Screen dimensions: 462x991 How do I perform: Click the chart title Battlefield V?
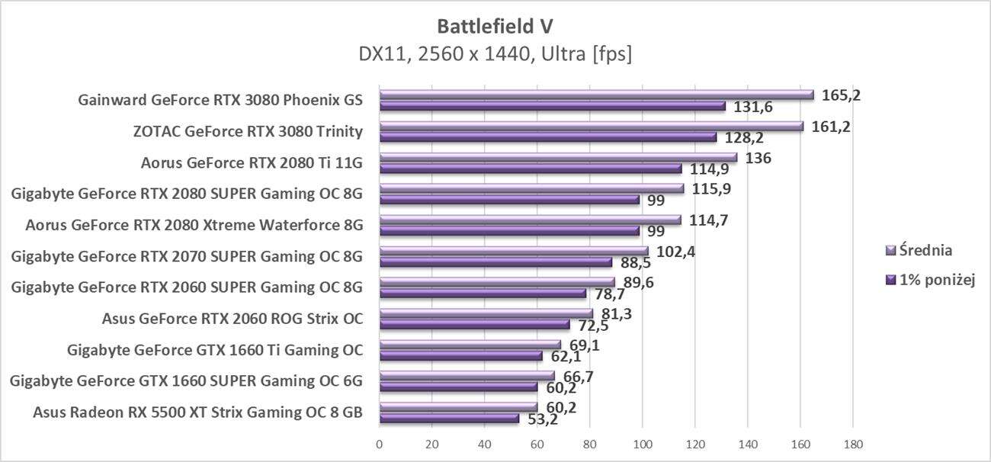point(495,26)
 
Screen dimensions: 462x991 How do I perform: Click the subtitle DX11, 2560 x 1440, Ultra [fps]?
point(495,54)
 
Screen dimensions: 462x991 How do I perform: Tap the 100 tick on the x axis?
point(643,444)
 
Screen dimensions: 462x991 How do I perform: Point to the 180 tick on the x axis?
point(852,444)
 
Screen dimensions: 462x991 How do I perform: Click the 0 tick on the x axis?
point(380,444)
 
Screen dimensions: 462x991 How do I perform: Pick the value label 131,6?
point(753,107)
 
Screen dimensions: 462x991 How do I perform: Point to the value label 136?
point(758,159)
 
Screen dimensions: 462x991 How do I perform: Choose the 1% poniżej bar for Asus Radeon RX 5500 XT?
point(449,419)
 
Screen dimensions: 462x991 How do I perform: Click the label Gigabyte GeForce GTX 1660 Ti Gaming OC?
point(215,350)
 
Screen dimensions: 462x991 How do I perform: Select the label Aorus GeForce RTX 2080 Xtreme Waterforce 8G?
point(194,225)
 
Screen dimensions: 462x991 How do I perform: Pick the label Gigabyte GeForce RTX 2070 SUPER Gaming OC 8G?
point(187,256)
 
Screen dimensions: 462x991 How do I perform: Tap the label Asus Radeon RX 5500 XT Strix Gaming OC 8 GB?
point(197,412)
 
